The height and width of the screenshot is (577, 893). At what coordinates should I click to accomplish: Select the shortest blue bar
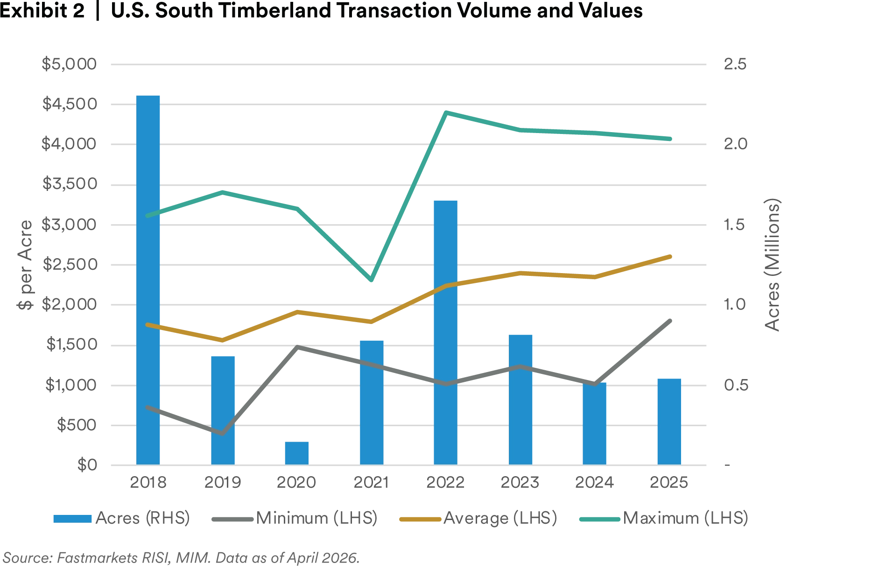coord(297,452)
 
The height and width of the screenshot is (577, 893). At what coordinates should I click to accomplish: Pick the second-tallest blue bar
coord(446,331)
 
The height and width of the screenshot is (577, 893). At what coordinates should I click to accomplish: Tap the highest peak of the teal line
coord(447,113)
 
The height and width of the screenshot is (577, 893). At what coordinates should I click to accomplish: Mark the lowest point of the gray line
coord(223,434)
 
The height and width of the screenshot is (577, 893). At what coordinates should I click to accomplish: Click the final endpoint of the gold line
coord(670,256)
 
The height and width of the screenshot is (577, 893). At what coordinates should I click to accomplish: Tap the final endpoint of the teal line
coord(670,139)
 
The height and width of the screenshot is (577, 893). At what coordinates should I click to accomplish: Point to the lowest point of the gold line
coord(223,340)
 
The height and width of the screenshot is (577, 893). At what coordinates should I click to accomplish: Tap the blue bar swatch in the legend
coord(72,519)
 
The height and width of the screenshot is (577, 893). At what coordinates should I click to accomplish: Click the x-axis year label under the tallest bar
coord(148,482)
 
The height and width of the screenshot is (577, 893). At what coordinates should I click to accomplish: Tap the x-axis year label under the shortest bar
coord(297,482)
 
